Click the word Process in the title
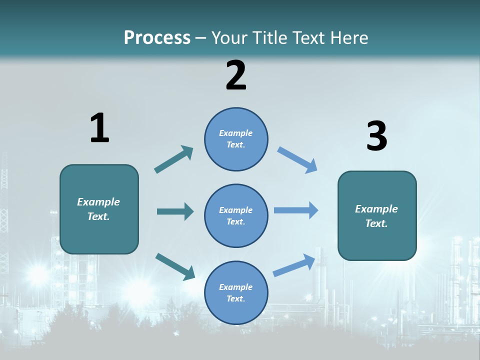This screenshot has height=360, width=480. (157, 38)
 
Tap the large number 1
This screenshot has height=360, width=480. (99, 128)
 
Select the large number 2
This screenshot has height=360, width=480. (236, 75)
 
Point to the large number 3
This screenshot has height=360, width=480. (376, 136)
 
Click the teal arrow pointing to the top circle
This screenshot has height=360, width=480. (174, 159)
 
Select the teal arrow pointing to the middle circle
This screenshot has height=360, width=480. (175, 211)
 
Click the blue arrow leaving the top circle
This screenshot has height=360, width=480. (297, 159)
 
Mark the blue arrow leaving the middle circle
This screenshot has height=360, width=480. (296, 210)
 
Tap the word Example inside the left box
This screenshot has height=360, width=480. (98, 202)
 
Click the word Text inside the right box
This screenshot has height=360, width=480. (376, 223)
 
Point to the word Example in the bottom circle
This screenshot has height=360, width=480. (235, 287)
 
